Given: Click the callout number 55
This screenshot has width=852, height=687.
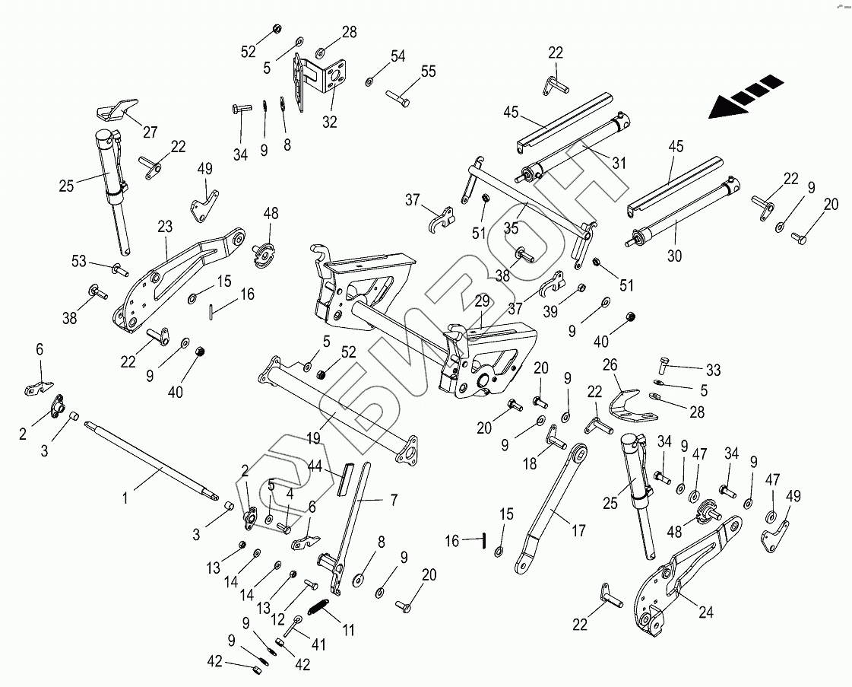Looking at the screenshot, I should [429, 72].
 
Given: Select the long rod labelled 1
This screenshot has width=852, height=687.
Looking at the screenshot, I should [152, 460].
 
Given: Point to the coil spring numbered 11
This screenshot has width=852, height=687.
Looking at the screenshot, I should [319, 608].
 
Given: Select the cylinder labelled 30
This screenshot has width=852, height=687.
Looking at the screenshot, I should [676, 221].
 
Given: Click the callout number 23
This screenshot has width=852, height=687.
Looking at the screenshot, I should [166, 226].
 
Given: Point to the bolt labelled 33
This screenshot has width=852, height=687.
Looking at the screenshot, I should [664, 367].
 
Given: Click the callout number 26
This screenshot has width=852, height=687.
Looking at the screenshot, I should [610, 364].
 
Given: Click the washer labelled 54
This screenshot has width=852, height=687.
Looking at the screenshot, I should [369, 80].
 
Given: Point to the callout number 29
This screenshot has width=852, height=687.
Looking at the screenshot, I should [482, 301].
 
